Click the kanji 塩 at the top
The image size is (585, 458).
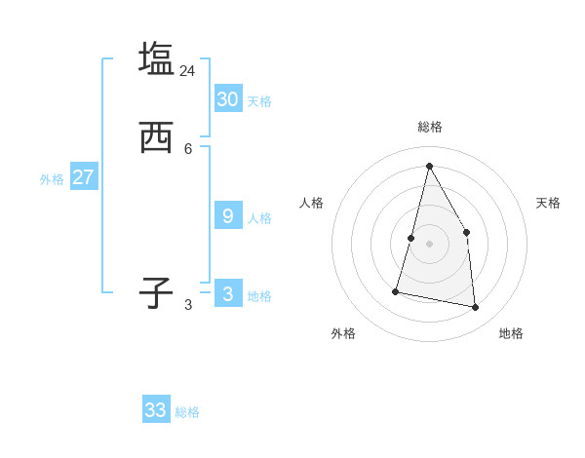156,58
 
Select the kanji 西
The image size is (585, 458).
156,137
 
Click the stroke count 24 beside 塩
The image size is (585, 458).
187,71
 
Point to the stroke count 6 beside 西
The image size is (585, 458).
188,148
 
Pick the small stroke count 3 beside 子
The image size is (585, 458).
188,304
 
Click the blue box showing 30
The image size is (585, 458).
228,98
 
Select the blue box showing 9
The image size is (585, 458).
228,215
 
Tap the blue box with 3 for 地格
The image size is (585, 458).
228,293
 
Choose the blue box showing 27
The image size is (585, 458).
84,177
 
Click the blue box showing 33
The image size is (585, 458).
156,410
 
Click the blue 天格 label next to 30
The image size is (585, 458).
259,101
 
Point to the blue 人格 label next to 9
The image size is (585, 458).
259,218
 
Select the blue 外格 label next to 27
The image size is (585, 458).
52,179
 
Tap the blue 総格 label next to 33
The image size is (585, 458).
187,412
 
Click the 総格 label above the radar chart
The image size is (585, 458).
430,127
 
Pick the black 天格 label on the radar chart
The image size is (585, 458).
548,203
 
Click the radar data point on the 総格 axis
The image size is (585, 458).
429,166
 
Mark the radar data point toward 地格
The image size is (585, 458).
475,307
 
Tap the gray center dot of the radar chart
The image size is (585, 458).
429,244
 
